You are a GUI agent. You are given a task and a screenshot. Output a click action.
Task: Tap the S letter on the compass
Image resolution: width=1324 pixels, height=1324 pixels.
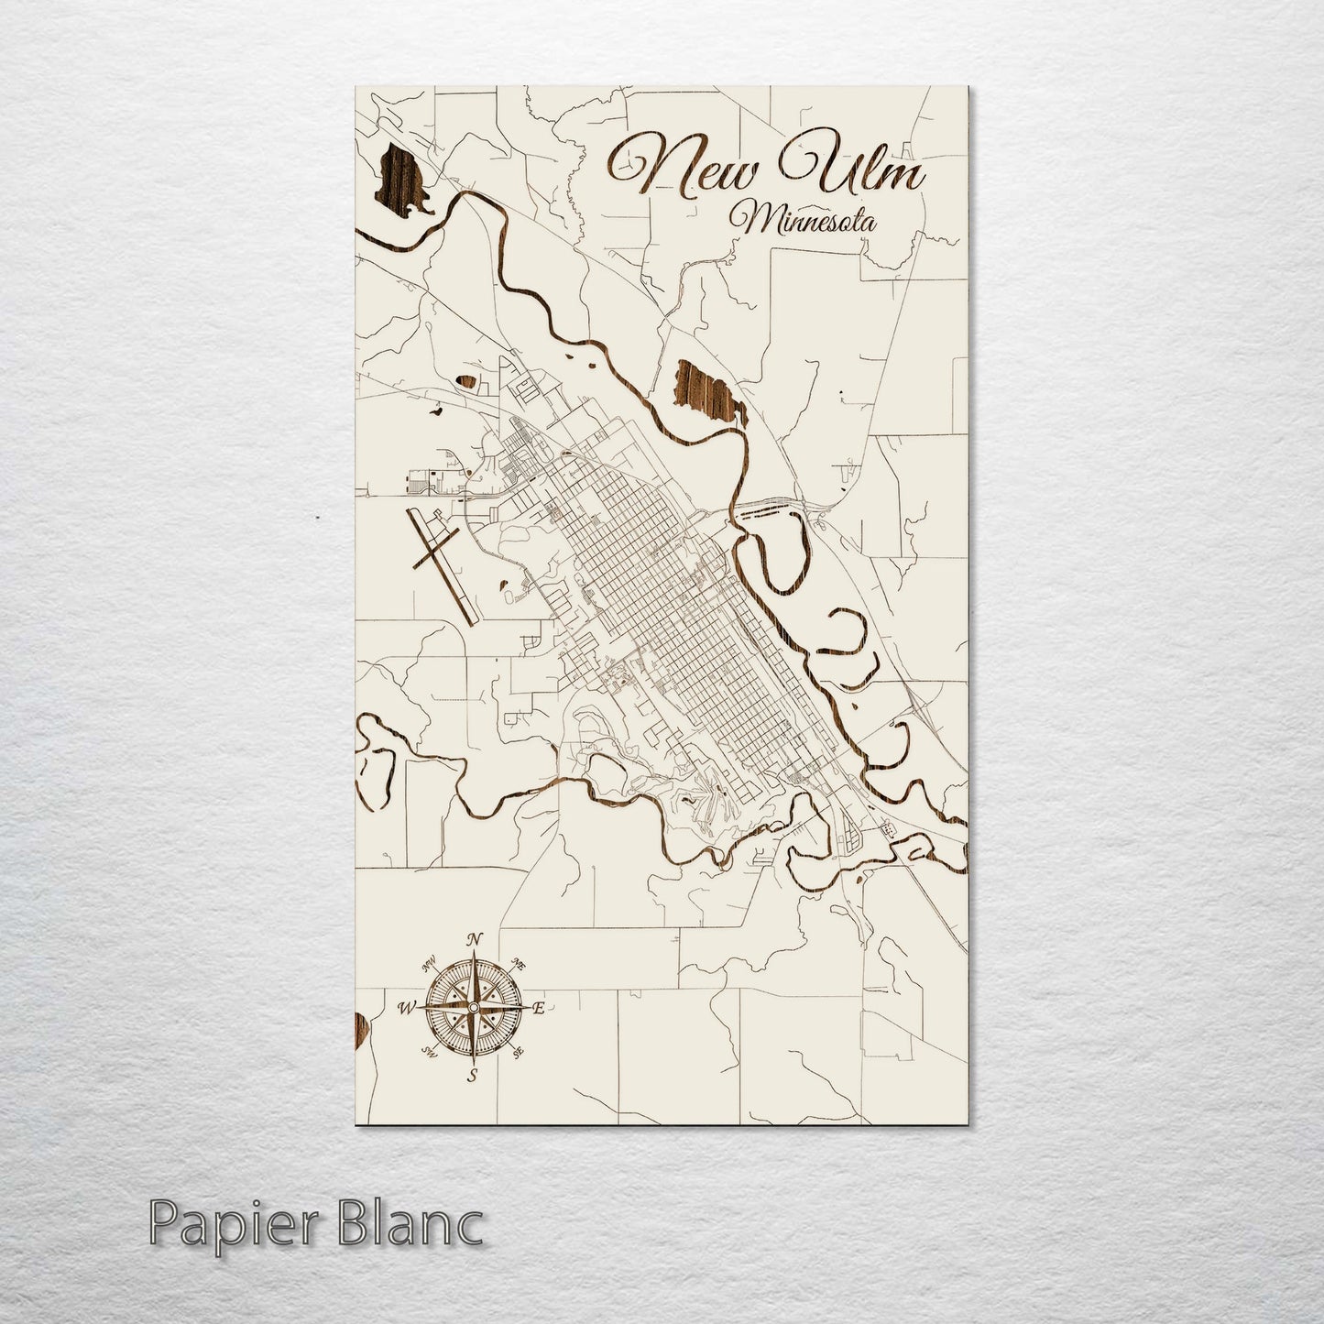pyautogui.click(x=472, y=1076)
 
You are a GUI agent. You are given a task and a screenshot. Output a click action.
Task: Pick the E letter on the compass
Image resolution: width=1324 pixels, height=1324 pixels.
pyautogui.click(x=539, y=1009)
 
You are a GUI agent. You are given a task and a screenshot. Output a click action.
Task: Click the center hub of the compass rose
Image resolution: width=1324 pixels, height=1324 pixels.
pyautogui.click(x=472, y=1008)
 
